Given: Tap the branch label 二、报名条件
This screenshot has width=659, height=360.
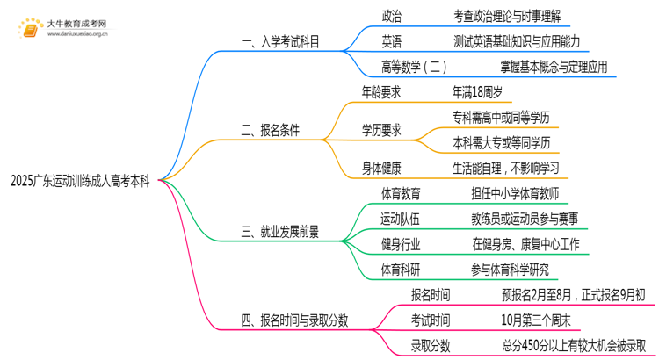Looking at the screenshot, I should pos(270,131).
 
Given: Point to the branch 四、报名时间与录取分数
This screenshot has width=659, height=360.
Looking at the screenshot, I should pos(294,320).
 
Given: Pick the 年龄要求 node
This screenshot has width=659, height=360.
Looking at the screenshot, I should pos(383,91).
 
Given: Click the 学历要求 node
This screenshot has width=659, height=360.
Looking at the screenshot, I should pos(383,130).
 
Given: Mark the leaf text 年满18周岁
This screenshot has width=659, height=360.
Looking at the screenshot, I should pos(477,91).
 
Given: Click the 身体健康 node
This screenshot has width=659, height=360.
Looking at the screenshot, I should pos(383,168).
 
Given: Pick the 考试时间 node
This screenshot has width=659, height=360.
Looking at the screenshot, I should pos(432,320).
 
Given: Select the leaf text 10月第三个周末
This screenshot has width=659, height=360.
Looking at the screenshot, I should pos(536,320).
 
